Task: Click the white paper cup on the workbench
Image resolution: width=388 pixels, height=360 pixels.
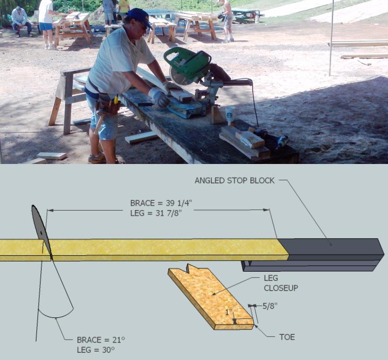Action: coord(230,115)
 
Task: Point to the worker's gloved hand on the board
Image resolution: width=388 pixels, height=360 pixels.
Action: coord(159,97)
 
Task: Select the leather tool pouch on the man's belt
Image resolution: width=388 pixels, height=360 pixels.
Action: coord(106,103)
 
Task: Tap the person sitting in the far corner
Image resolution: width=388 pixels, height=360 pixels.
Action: coord(20,20)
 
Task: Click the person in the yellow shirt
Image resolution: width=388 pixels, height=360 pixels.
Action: coord(124,6)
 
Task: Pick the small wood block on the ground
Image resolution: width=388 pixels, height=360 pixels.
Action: coord(51,156)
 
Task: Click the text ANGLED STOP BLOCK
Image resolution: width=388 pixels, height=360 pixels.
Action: coord(235,180)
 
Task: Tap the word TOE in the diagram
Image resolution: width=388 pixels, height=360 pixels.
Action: coord(287,337)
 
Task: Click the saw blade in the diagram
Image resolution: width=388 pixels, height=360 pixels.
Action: coord(41,228)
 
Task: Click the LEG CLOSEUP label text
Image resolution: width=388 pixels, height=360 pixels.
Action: coord(280,283)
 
